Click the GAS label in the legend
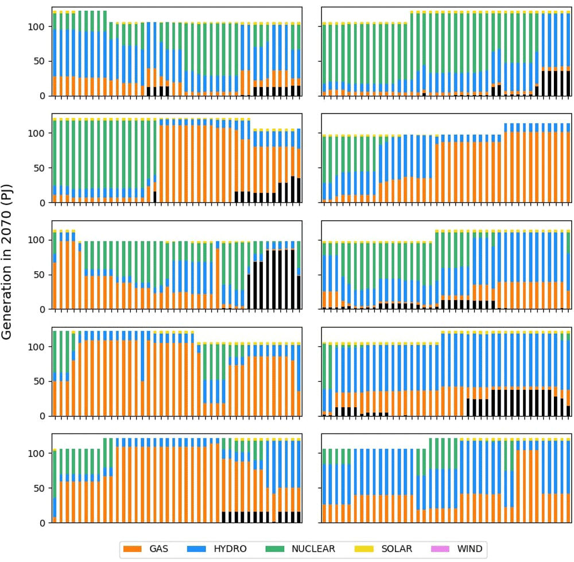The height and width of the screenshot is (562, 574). (158, 549)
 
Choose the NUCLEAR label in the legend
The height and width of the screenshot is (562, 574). (313, 549)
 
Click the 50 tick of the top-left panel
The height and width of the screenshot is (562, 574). (42, 61)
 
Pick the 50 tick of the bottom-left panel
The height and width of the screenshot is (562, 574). (42, 488)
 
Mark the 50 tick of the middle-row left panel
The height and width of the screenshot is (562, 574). (42, 275)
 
